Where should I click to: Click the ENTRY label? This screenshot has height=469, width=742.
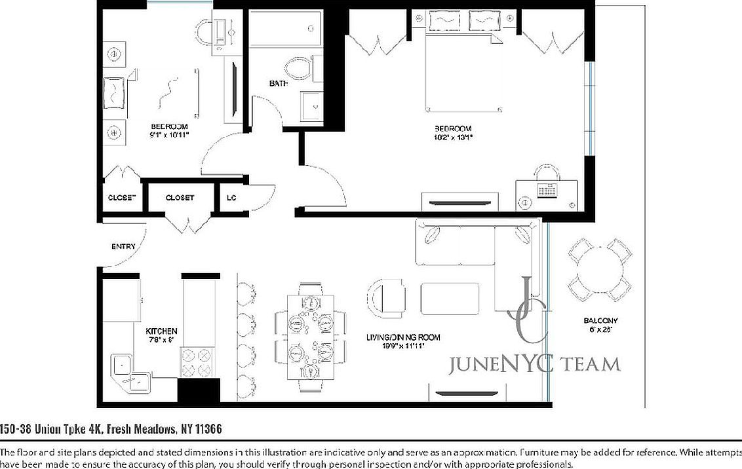coord(123,246)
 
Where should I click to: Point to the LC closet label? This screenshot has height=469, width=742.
coord(231,197)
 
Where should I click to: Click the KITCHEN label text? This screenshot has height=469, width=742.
coord(161,331)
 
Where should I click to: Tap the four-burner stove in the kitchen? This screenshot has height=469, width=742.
coord(197,363)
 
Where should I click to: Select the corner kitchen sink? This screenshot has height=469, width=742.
coord(128,371)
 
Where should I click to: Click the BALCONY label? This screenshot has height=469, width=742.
coord(600,321)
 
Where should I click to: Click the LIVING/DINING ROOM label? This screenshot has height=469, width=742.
coord(403,337)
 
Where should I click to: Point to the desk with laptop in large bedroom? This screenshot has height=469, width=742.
coord(546,190)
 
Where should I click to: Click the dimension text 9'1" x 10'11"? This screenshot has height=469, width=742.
coord(169,135)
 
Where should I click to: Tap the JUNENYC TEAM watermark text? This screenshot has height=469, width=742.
coord(534,364)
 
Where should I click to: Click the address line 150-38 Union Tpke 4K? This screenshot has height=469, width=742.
coord(110,430)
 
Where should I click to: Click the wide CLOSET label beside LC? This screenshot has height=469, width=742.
coord(180,197)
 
